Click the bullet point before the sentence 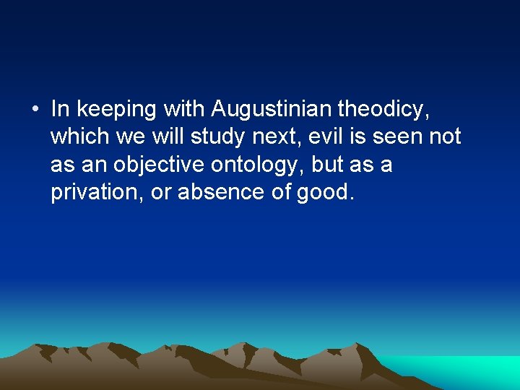click(x=35, y=110)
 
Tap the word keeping click(x=118, y=109)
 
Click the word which click(x=77, y=136)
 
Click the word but click(x=329, y=165)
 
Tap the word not click(x=446, y=136)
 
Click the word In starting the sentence click(x=61, y=109)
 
